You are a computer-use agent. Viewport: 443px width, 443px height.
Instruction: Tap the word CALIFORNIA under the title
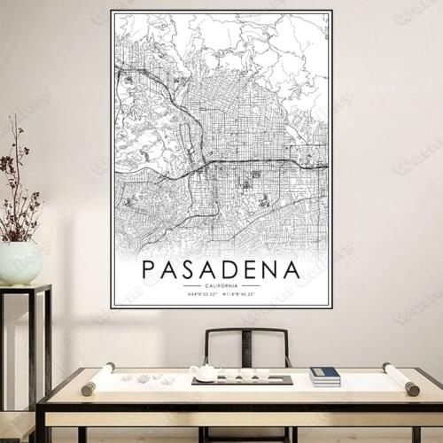pyautogui.click(x=221, y=286)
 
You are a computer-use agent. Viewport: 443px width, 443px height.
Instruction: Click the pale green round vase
pyautogui.click(x=19, y=263)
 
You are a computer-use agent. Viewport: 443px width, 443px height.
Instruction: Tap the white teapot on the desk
pyautogui.click(x=205, y=373)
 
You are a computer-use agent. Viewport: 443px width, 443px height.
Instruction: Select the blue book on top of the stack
pyautogui.click(x=325, y=373)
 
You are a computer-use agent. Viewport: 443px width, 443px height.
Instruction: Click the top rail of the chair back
pyautogui.click(x=246, y=331)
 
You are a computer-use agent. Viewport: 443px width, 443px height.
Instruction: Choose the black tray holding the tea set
pyautogui.click(x=242, y=381)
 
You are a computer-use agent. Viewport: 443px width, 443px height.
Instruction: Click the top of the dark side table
pyautogui.click(x=25, y=289)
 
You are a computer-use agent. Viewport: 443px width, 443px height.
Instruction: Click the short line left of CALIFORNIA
pyautogui.click(x=191, y=286)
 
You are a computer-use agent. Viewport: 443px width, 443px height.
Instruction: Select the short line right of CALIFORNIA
pyautogui.click(x=251, y=286)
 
